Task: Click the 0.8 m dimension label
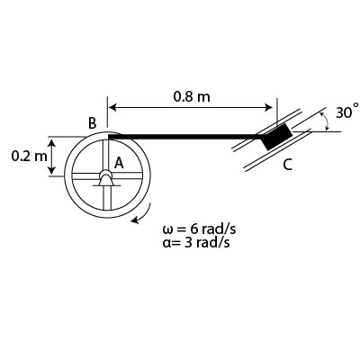[x=191, y=96]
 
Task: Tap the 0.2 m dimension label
[x=28, y=156]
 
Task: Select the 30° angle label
[x=346, y=112]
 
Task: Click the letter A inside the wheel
[x=118, y=163]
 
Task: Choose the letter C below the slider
[x=287, y=165]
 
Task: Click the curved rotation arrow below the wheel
[x=139, y=218]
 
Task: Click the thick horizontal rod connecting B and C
[x=189, y=137]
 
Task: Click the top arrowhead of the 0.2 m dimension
[x=52, y=141]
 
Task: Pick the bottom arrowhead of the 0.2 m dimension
[x=52, y=171]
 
